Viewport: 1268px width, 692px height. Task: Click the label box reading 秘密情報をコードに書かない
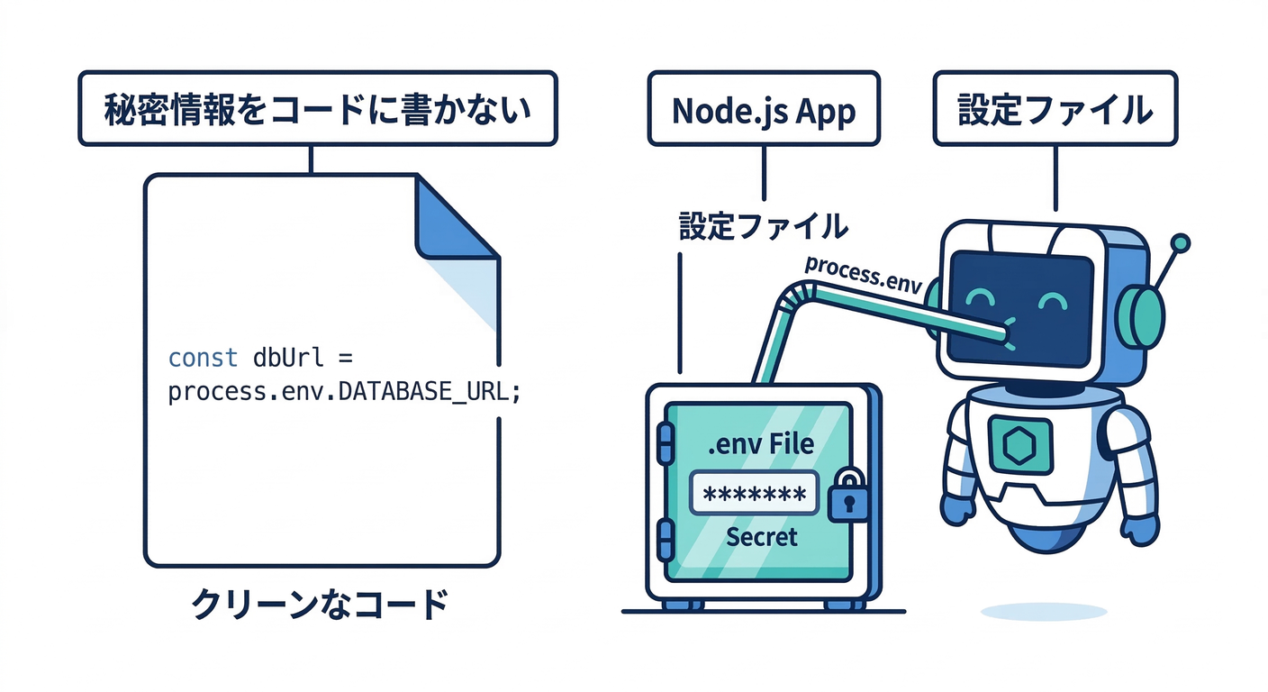[317, 109]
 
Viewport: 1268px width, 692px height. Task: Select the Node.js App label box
[763, 109]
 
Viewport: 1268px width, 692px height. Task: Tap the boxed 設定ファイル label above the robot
[1055, 109]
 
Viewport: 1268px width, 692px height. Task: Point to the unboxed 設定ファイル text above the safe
[763, 225]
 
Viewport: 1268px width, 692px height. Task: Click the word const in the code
[203, 358]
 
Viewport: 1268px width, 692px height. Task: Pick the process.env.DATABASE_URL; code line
[344, 393]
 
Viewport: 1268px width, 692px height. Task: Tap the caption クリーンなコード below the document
[320, 605]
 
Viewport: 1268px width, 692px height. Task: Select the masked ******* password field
[753, 494]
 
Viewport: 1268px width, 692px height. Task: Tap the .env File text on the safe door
[761, 444]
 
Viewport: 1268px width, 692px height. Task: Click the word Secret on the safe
[761, 537]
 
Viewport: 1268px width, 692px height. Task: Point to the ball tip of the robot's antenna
[1182, 242]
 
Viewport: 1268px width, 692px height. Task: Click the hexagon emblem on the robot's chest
[1019, 444]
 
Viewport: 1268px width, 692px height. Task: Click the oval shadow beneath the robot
[1043, 612]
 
